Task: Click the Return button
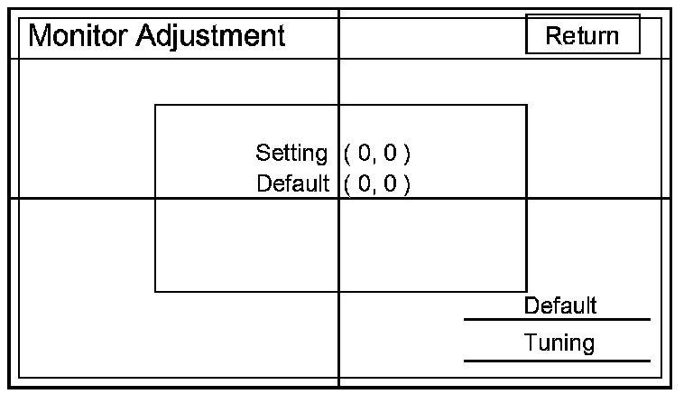tap(582, 35)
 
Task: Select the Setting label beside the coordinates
tap(291, 153)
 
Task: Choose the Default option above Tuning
tap(559, 305)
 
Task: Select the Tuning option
tap(559, 343)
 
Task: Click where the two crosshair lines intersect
tap(339, 198)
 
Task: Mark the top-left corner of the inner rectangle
tap(155, 105)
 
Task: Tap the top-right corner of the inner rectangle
tap(526, 105)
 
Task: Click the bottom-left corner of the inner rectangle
tap(155, 292)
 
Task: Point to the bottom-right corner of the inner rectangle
tap(526, 292)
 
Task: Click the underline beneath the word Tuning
tap(557, 361)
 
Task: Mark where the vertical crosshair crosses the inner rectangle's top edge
tap(339, 105)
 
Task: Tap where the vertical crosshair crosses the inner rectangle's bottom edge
tap(339, 292)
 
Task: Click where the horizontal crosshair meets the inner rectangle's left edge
tap(155, 198)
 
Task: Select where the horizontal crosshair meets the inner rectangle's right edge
tap(526, 198)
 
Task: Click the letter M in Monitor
tap(41, 36)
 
